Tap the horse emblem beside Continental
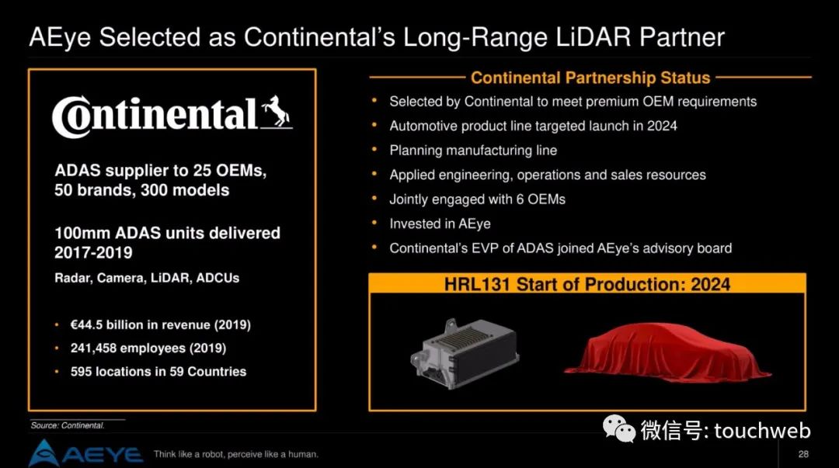(277, 113)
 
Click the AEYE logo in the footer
(85, 453)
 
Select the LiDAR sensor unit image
(465, 353)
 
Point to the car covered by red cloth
(668, 352)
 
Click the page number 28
(803, 454)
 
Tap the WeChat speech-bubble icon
(618, 429)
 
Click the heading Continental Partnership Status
(590, 78)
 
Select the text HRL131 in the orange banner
(477, 284)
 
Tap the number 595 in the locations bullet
(81, 371)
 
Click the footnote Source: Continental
(68, 425)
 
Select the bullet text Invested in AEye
(440, 224)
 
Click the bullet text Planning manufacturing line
(473, 151)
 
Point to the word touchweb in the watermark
(763, 431)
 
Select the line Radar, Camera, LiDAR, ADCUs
(147, 278)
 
